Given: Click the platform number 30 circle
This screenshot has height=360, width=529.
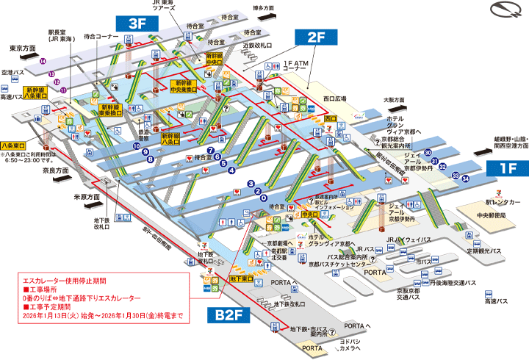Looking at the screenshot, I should [x=427, y=153].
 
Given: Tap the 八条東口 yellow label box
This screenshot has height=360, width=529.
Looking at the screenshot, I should [x=14, y=145].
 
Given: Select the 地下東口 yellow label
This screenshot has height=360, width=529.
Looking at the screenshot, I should [x=242, y=278].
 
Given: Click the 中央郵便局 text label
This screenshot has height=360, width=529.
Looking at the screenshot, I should [x=489, y=216].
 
